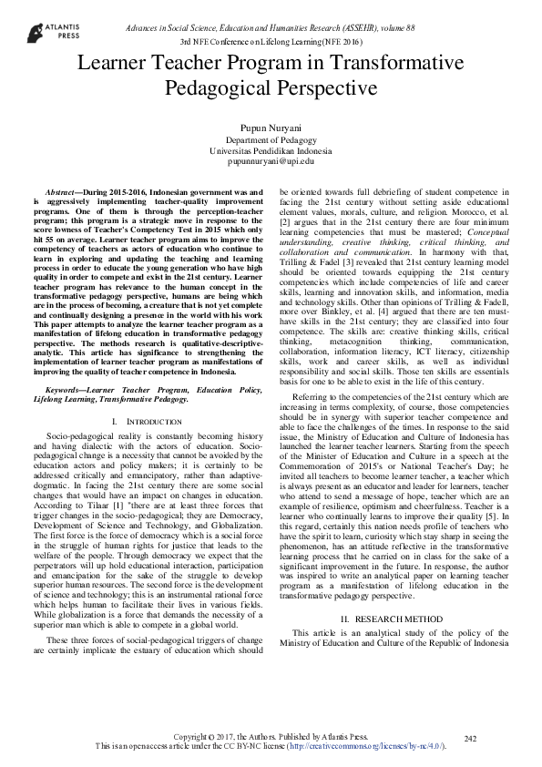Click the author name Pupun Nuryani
271,128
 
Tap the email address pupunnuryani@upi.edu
271,161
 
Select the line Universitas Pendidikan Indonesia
271,150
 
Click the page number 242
470,738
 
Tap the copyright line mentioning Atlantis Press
271,736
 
